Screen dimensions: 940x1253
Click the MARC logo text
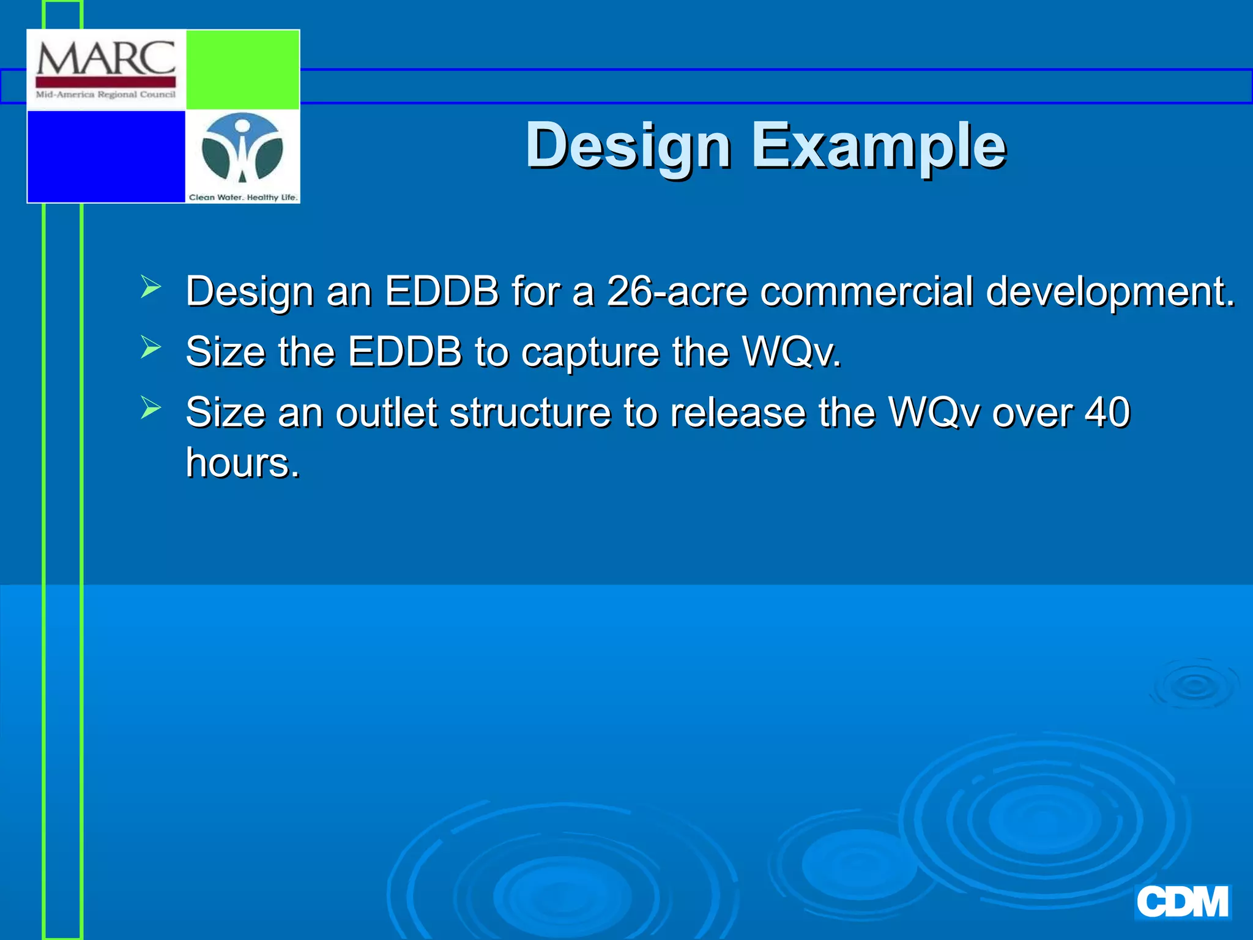click(105, 59)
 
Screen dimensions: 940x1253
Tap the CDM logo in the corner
click(1182, 902)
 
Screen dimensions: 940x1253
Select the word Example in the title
click(879, 146)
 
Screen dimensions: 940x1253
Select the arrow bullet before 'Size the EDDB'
click(151, 347)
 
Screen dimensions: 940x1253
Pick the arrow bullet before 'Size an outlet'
click(151, 408)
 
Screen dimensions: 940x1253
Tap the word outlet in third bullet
click(386, 412)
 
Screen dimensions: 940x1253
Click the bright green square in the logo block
click(242, 70)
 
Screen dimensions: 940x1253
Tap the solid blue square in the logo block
click(106, 156)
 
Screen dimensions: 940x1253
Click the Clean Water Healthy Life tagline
click(243, 197)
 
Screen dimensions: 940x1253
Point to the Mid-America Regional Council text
click(105, 94)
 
